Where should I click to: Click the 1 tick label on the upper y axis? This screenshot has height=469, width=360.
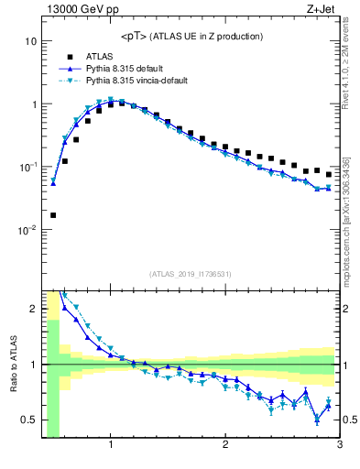coord(33,104)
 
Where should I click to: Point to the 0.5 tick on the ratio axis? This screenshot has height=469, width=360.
coord(29,420)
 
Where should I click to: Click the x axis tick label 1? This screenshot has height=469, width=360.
coord(111,445)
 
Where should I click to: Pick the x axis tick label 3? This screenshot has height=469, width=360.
coord(339,445)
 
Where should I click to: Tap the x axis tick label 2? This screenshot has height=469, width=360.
coord(225,445)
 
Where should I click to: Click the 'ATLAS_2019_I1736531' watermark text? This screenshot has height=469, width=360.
coord(191,274)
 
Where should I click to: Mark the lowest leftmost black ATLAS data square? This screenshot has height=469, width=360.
coord(53,215)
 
